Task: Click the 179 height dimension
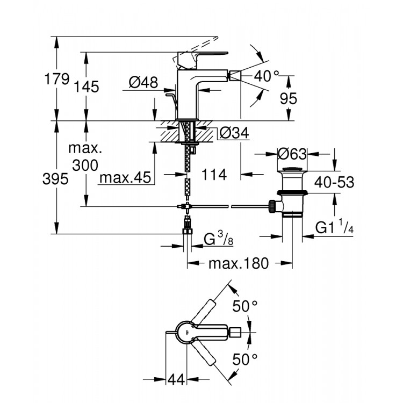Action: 57,79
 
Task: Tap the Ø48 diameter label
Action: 143,82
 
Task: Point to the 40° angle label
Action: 267,76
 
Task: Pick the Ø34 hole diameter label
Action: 234,133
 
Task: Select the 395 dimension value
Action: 56,179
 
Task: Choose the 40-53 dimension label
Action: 334,182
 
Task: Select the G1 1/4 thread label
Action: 335,227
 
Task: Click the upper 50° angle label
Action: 245,306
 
